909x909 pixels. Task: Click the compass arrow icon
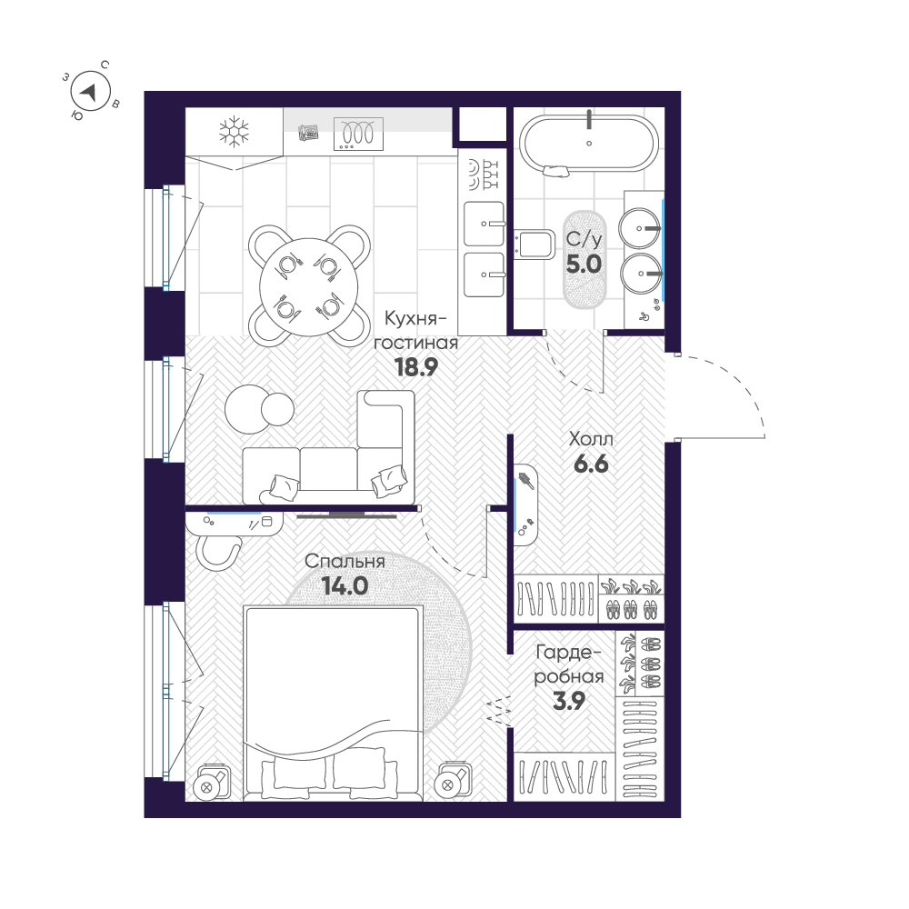tap(89, 91)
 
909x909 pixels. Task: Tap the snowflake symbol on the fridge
tap(234, 132)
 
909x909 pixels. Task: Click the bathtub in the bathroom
tap(589, 142)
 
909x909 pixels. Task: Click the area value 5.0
tap(584, 265)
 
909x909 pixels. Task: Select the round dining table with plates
tap(307, 285)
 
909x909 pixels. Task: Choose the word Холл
tap(591, 439)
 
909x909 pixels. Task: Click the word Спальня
tap(345, 562)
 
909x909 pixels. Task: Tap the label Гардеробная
tap(569, 664)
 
